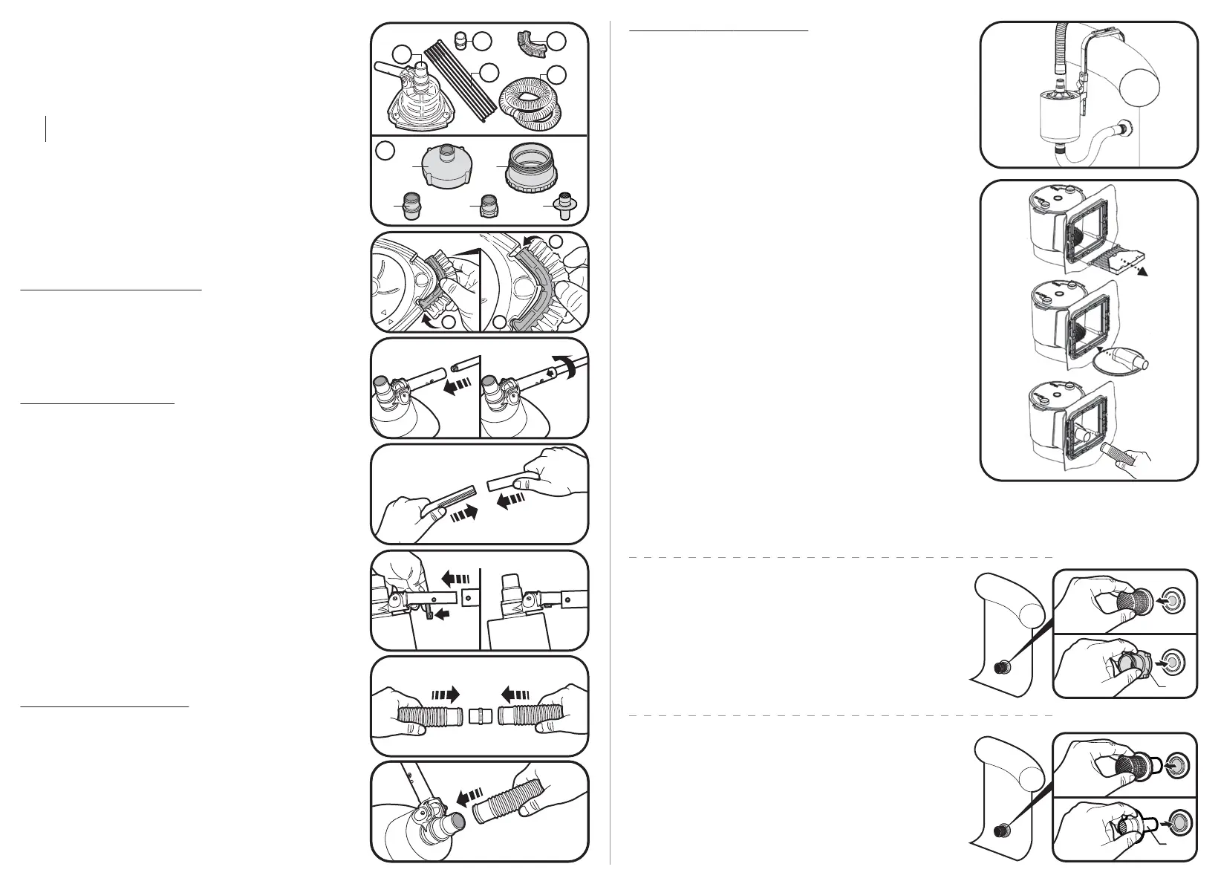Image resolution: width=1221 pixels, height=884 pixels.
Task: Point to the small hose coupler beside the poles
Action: point(460,39)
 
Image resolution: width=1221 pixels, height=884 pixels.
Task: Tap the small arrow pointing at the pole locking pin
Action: point(441,614)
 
